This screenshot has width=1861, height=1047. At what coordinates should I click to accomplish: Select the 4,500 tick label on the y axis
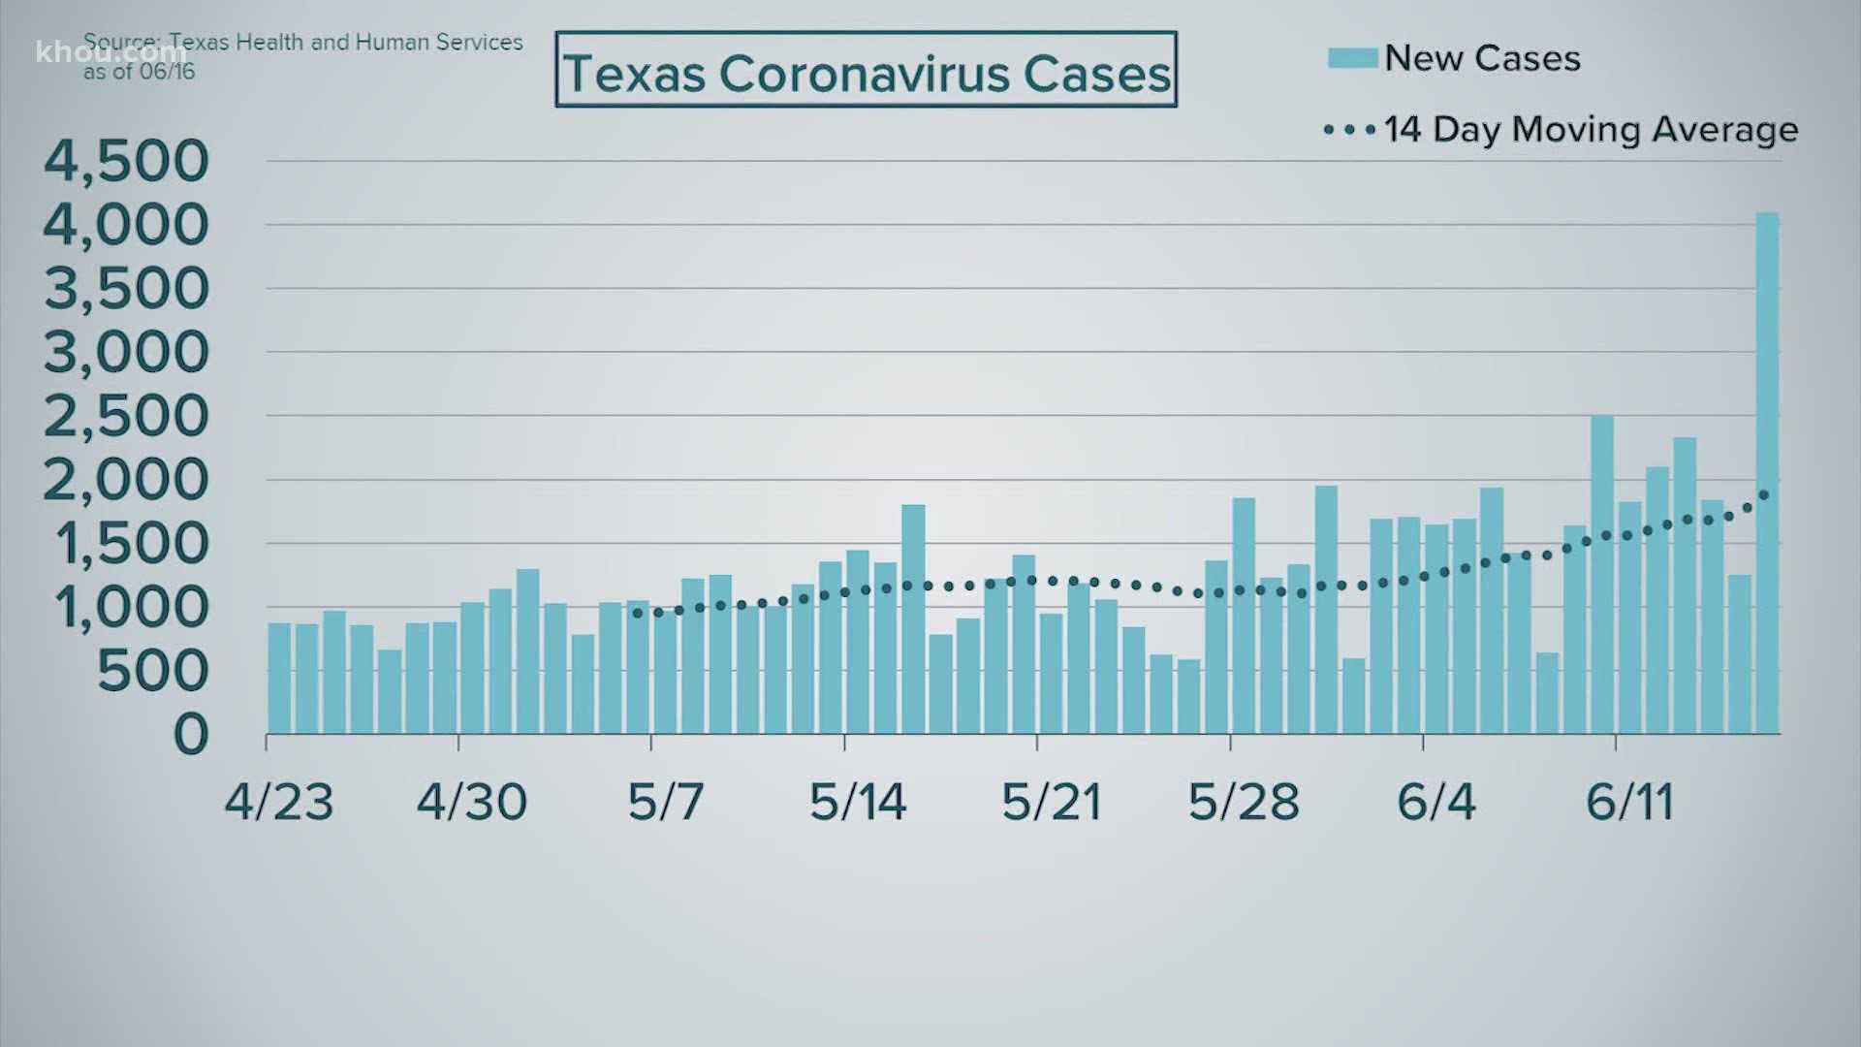[126, 161]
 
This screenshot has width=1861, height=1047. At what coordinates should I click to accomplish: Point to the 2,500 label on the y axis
[126, 416]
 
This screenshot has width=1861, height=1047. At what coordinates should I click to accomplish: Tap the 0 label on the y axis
[191, 735]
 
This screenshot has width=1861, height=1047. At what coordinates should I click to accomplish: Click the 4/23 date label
[279, 802]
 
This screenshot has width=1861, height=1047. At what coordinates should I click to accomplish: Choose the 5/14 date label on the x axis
[858, 802]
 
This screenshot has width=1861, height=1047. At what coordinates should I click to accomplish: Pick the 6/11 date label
[1629, 802]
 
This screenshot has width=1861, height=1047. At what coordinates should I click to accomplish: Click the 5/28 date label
[1244, 802]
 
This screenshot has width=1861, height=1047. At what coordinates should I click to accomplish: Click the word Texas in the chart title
[634, 74]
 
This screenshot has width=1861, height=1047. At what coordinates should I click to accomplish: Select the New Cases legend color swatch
[1352, 58]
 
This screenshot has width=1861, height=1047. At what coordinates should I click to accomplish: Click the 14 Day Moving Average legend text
[1591, 130]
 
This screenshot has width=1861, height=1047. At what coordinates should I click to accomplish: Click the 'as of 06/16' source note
[139, 72]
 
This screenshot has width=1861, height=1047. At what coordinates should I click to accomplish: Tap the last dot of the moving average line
[1764, 495]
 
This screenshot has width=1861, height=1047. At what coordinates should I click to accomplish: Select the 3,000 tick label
[126, 352]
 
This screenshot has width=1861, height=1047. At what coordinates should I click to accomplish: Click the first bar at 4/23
[279, 678]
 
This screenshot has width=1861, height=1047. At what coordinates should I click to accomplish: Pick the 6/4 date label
[1435, 802]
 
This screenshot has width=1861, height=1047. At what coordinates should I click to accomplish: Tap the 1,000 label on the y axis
[131, 608]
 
